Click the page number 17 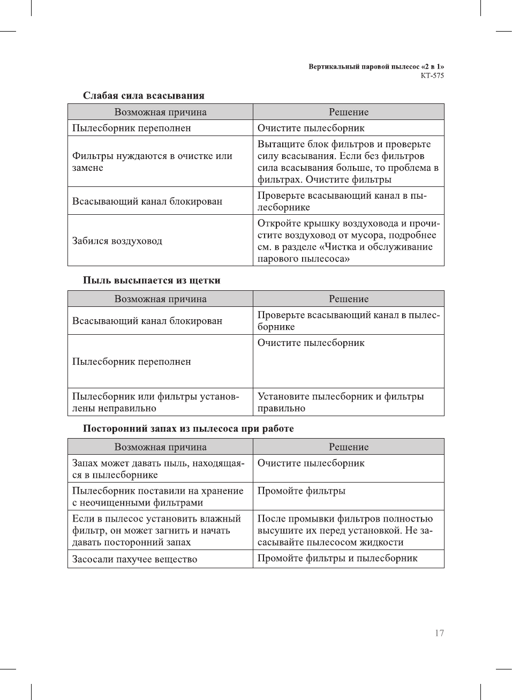pos(439,633)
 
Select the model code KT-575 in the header pos(432,76)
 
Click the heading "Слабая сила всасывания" pos(144,96)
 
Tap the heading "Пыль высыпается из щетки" pos(152,280)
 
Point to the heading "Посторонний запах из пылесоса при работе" pos(188,428)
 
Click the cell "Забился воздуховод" pos(117,241)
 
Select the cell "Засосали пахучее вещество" pos(135,559)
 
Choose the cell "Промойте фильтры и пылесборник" pos(337,558)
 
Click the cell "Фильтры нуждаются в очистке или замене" pos(152,162)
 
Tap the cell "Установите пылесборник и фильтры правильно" pos(341,402)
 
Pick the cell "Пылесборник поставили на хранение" pos(158,496)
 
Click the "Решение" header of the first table pos(349,112)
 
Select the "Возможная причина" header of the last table pos(160,447)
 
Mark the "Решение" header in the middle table pos(349,299)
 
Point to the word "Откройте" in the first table pos(279,223)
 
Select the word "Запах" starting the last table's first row pos(85,463)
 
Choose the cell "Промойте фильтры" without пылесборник pos(301,491)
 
